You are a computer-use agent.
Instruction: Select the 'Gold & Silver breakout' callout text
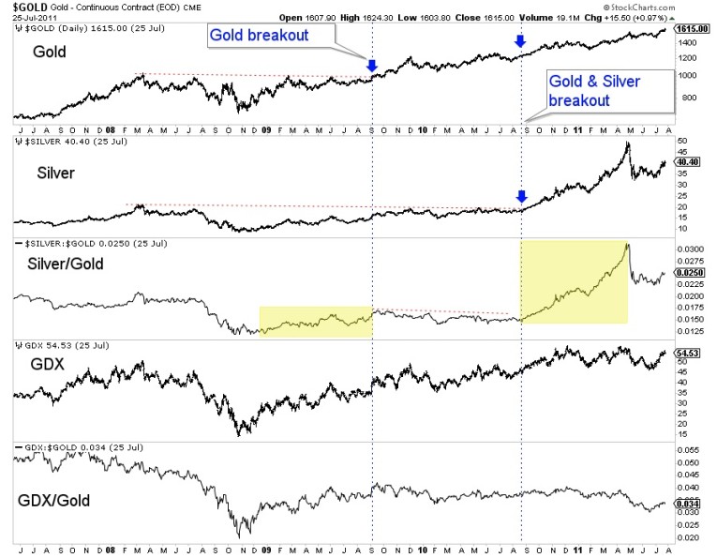(594, 90)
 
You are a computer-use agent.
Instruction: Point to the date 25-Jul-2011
(36, 17)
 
